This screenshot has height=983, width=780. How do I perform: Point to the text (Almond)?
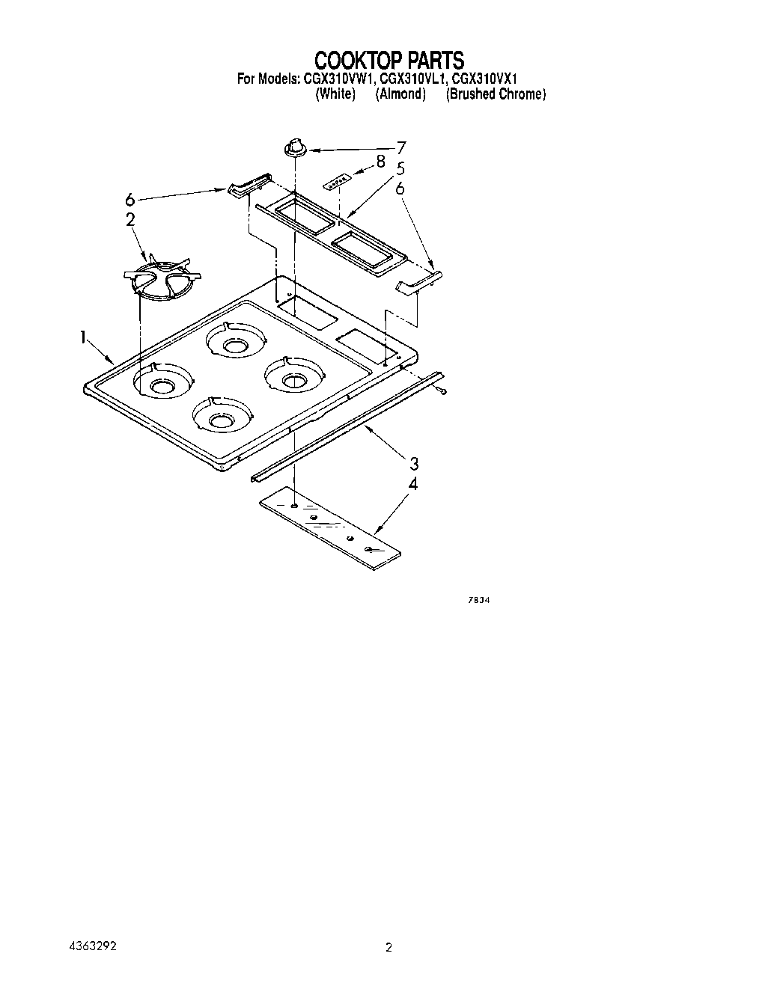point(400,94)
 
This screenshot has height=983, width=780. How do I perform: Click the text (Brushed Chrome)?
point(496,94)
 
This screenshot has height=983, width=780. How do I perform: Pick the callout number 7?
point(401,147)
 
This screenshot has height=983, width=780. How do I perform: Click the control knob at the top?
point(296,147)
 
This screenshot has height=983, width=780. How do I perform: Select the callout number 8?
point(381,160)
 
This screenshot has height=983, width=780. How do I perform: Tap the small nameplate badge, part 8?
point(337,180)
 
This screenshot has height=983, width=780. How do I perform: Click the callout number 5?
point(400,168)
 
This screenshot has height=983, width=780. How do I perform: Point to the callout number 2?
point(130,219)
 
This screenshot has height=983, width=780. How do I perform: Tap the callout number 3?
point(413,463)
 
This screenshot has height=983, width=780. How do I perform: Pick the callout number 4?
point(412,484)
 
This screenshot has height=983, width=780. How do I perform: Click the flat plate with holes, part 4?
point(329,526)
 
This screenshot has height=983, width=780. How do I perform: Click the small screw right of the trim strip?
point(444,391)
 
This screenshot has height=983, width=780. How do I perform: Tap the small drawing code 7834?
point(480,601)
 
